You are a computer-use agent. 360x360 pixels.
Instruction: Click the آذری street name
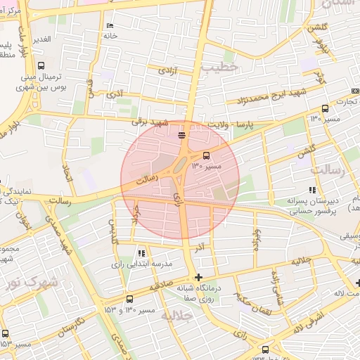[116, 93]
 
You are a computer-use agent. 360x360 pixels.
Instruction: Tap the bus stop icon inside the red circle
[206, 155]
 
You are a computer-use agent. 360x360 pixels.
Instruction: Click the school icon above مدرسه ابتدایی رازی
[141, 253]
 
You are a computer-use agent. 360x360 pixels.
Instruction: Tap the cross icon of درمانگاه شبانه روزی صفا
[199, 277]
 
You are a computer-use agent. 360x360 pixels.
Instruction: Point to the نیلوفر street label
[323, 45]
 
